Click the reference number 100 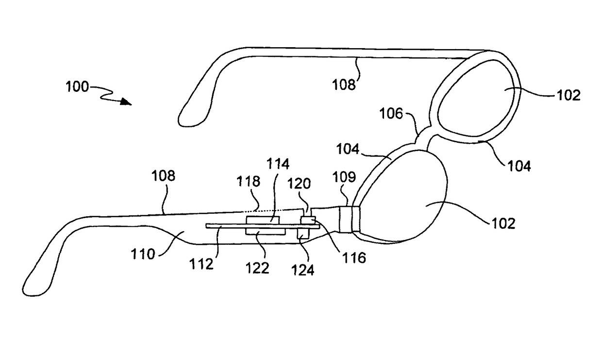[77, 87]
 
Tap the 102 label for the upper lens [569, 95]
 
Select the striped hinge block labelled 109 [348, 220]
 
